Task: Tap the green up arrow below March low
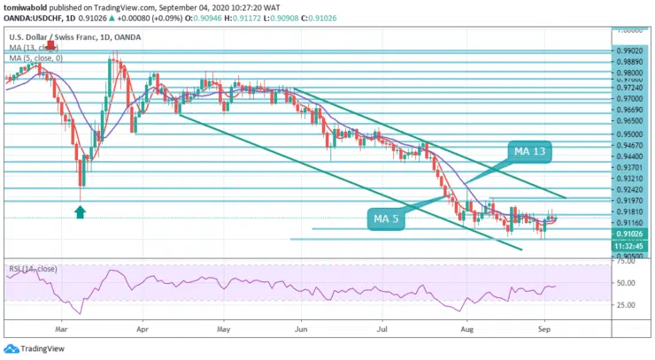point(80,211)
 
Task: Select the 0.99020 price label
point(629,52)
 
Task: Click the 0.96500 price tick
point(629,120)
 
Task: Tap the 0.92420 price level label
point(629,190)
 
